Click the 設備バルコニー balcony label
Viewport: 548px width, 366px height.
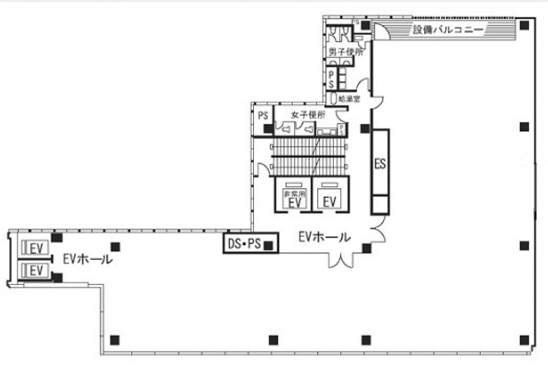coord(448,30)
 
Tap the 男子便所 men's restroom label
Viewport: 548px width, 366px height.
coord(346,52)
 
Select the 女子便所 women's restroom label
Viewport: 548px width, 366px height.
coord(308,114)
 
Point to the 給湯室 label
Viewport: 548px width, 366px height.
coord(348,99)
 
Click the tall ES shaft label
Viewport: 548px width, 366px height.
coord(380,165)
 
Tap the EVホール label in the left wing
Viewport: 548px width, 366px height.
coord(86,259)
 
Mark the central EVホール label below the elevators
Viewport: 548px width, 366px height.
coord(324,236)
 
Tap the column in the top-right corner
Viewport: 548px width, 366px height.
coord(524,26)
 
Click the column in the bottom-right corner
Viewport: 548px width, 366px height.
coord(524,340)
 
